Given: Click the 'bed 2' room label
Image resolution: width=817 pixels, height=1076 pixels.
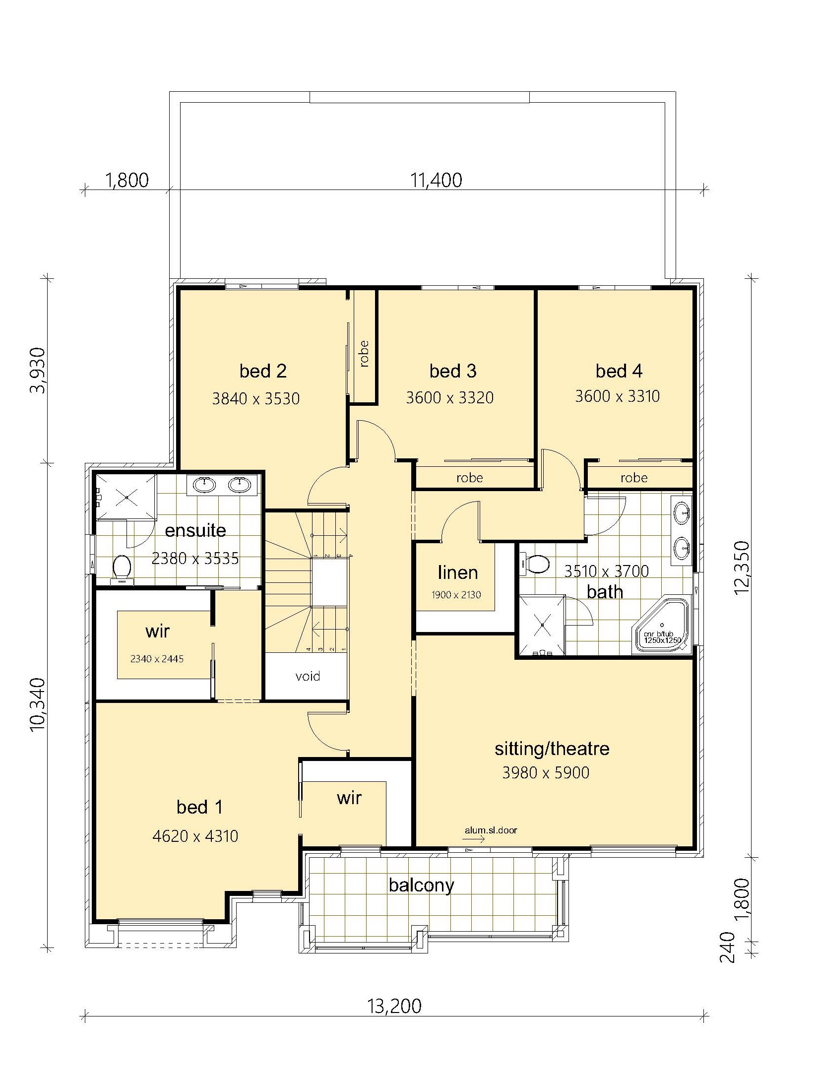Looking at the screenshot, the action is coord(263,371).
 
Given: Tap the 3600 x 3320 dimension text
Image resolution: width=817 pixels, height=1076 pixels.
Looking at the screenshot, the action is coord(450,397).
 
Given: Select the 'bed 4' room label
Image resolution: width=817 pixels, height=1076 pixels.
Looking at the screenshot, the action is coord(619,371).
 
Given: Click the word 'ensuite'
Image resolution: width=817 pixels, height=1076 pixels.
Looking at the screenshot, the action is coord(195,530).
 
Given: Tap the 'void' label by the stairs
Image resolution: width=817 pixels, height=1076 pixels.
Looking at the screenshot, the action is coord(308,676).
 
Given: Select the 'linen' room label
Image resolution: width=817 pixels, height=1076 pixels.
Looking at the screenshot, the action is coord(458,572).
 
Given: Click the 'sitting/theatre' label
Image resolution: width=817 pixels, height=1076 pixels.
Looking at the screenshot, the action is coord(552,749).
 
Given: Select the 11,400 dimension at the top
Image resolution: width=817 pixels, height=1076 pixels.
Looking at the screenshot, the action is coord(436,180).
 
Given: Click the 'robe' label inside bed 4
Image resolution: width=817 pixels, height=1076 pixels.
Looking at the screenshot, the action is coord(634,478).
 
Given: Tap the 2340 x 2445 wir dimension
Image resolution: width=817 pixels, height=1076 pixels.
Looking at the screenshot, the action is coord(157,659).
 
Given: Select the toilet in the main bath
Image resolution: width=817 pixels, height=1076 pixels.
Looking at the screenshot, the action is coord(535,564).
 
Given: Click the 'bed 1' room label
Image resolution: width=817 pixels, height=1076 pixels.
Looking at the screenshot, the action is coord(200,807).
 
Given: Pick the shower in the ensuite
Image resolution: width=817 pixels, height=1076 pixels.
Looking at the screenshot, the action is coord(126,497).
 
